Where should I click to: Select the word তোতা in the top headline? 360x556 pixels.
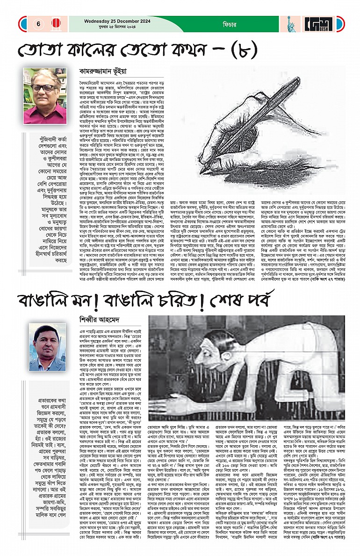[39, 50]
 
